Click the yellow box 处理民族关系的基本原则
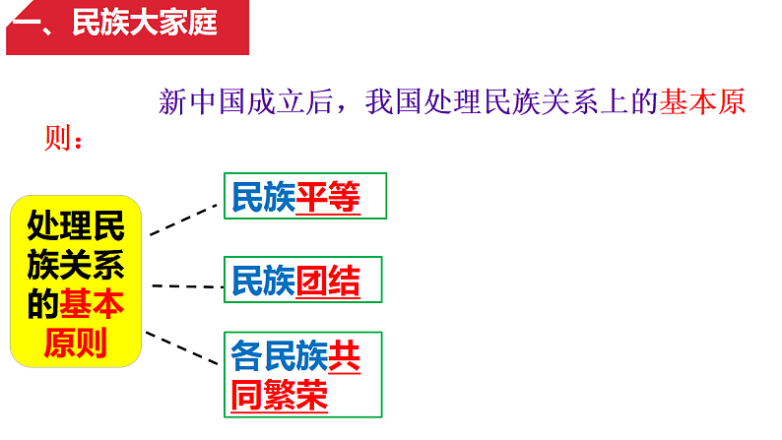tap(77, 281)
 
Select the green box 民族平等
tap(305, 196)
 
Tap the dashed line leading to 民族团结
tap(187, 285)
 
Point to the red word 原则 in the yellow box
tap(77, 344)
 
